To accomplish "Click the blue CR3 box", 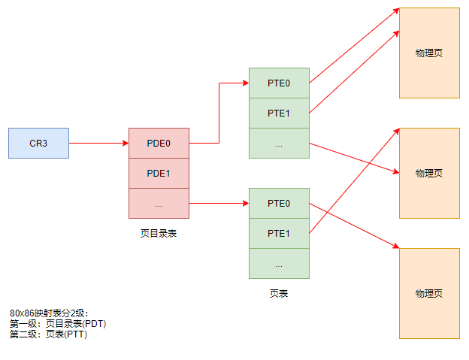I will coord(38,143).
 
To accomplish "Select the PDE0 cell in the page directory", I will coord(159,143).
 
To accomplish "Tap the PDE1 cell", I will coord(159,173).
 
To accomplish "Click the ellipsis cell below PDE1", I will coord(159,203).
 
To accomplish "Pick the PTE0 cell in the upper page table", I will coord(279,83).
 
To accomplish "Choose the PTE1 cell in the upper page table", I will coord(279,113).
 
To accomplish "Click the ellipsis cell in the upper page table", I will coord(279,143).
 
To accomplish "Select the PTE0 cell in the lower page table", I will coord(279,203).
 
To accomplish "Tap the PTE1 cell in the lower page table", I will coord(279,233).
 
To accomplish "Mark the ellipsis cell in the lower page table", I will coord(279,263).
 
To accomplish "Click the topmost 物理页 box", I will coord(429,53).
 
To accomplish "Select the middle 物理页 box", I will coord(429,173).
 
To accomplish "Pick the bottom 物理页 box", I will coord(429,293).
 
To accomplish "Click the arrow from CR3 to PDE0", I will coord(98,143).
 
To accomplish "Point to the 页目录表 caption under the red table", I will coord(159,234).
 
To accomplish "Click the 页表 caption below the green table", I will coord(279,294).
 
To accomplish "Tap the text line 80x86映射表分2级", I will coord(49,313).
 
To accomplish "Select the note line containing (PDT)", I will coord(58,323).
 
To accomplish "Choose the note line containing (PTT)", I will coord(48,334).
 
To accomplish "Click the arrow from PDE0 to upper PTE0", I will coord(219,113).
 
